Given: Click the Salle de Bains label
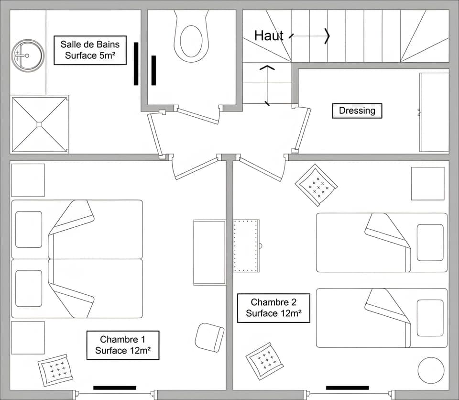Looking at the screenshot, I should (90, 50).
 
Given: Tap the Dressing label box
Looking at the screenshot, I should (357, 111).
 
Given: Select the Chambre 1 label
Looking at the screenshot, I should (122, 345).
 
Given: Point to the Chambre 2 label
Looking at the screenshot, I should (273, 308).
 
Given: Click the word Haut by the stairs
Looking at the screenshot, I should (269, 35).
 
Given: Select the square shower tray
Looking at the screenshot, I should (39, 124).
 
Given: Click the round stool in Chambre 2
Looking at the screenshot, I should (431, 370).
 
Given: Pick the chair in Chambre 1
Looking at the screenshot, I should (209, 337).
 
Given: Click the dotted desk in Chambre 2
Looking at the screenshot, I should (246, 245).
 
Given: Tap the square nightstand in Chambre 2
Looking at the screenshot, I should (427, 183).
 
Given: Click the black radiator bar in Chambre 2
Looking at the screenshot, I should (347, 388).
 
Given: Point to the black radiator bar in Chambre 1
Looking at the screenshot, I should (115, 388).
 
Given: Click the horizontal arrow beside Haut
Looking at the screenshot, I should (310, 35).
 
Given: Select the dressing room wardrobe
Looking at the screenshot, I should (434, 112).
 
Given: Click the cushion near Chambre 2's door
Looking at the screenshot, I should (316, 185).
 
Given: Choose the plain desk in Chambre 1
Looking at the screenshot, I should (209, 252).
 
